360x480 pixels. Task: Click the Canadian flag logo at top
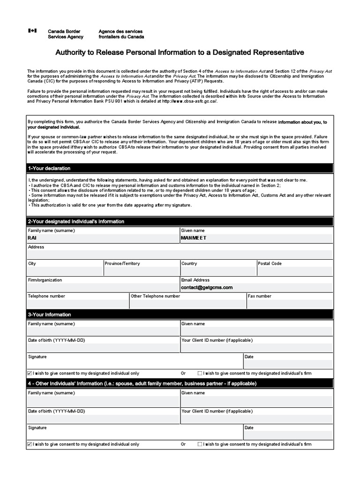click(x=32, y=31)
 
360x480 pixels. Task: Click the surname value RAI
click(x=32, y=238)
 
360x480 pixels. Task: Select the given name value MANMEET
click(x=194, y=238)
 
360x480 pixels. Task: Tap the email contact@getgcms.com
click(x=207, y=287)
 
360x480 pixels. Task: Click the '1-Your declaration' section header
click(x=49, y=168)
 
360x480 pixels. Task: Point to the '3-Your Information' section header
click(x=50, y=315)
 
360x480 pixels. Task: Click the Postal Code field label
click(x=270, y=263)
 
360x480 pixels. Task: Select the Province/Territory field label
click(x=122, y=263)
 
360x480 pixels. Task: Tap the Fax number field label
click(x=259, y=296)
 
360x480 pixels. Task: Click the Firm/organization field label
click(x=45, y=280)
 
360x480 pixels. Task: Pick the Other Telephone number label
click(x=155, y=296)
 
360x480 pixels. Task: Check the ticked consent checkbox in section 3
click(x=30, y=374)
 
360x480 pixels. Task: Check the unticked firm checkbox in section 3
click(x=200, y=374)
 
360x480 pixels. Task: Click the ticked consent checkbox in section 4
click(x=30, y=444)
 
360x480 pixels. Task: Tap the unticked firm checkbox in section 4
click(x=200, y=444)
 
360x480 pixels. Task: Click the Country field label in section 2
click(x=189, y=263)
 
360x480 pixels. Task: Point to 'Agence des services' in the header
click(x=120, y=31)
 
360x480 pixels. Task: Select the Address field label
click(x=36, y=247)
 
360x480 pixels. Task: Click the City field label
click(x=32, y=263)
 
